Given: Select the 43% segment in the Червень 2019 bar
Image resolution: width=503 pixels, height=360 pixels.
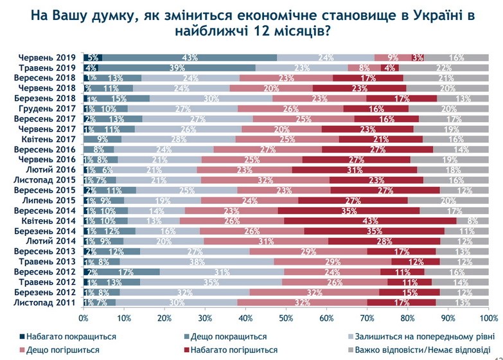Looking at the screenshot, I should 189,57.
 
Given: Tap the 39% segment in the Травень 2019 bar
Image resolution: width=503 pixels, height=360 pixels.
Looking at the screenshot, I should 173,67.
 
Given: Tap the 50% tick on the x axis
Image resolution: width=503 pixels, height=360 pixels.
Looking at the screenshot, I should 286,318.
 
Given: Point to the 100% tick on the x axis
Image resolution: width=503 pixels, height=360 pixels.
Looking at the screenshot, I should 488,318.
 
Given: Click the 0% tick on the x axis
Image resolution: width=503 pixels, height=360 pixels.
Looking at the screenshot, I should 84,318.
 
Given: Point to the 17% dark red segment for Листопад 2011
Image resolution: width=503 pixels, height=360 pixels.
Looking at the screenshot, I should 402,302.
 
